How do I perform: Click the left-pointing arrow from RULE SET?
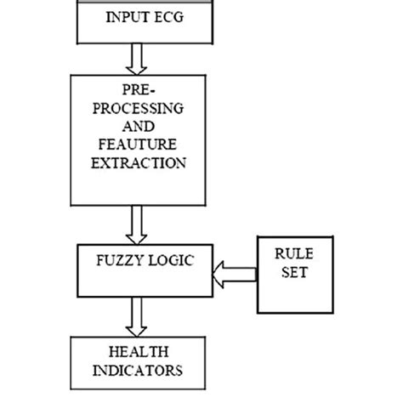[x=234, y=273]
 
